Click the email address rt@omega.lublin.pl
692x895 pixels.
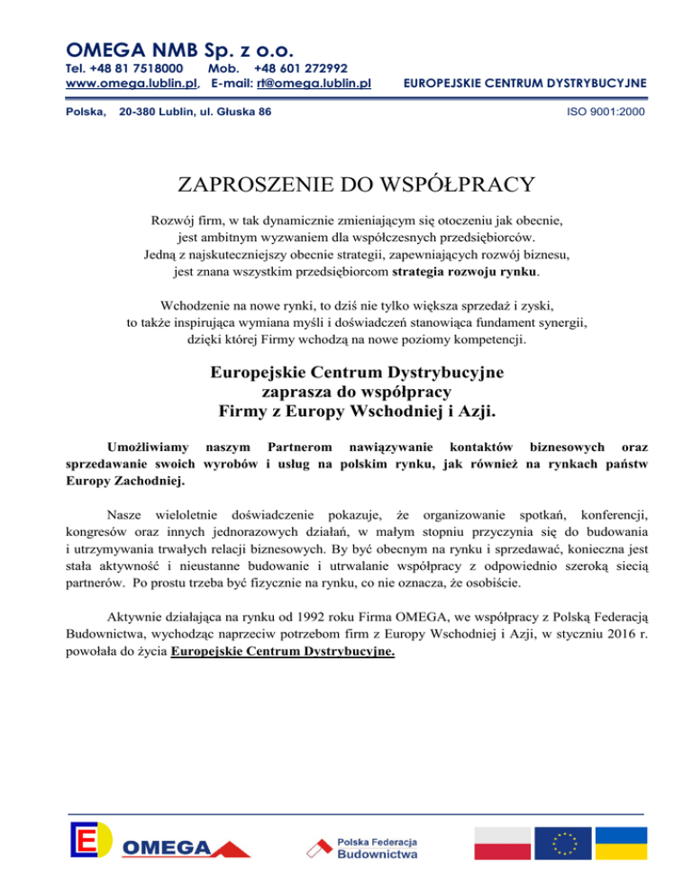coord(314,84)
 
